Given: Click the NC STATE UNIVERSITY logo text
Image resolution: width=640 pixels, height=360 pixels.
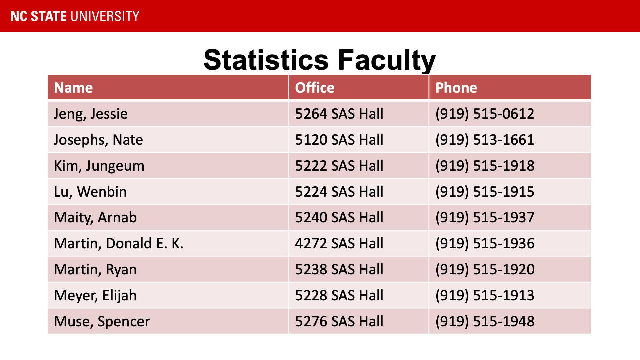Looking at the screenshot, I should click(75, 16).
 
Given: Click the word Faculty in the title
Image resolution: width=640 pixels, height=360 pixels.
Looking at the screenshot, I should click(387, 60).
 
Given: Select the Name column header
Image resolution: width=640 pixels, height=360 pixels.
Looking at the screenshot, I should click(73, 88).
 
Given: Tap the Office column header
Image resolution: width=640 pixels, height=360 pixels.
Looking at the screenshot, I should click(314, 88).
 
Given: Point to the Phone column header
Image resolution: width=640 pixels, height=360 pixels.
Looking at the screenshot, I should click(456, 88).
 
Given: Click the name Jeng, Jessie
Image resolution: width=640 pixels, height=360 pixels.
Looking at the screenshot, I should click(91, 114).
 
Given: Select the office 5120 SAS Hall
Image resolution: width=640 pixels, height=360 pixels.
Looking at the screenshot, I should click(339, 140).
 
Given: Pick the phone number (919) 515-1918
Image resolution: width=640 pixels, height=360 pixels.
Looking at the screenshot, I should click(485, 166).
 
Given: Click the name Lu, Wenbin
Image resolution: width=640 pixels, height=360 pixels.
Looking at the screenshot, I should click(90, 192).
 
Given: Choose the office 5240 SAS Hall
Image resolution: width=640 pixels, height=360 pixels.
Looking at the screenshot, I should click(339, 217).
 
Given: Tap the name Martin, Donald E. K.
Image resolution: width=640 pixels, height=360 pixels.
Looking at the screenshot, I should click(118, 243).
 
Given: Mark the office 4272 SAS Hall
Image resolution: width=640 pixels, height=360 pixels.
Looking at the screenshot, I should click(339, 243).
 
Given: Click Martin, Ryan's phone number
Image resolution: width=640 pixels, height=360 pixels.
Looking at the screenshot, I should click(485, 269).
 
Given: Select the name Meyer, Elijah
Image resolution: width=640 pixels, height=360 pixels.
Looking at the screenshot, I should click(95, 295).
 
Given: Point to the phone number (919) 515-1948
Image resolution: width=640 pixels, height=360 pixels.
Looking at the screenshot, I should click(485, 321).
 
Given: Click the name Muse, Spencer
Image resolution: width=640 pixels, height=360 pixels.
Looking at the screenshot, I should click(102, 321).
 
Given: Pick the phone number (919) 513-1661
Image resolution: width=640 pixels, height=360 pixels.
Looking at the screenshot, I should click(485, 140).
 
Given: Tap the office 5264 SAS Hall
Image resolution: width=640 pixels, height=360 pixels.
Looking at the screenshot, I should click(339, 114).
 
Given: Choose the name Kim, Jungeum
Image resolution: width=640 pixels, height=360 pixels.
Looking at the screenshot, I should click(99, 166).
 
